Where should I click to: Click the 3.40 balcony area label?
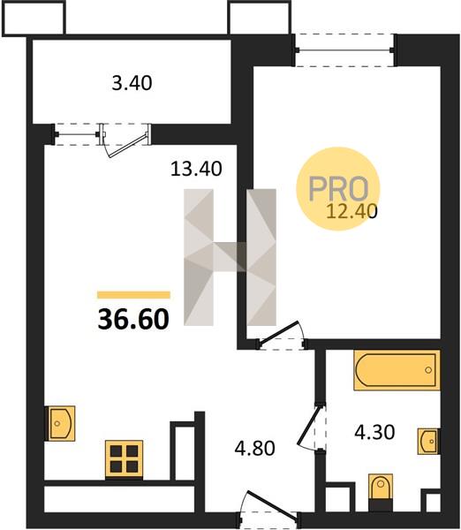(x=132, y=83)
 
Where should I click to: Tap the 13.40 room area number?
(x=196, y=169)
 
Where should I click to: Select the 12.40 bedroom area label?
(x=351, y=212)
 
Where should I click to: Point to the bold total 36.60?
(x=133, y=319)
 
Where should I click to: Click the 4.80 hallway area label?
(x=255, y=449)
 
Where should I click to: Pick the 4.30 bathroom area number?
(x=374, y=432)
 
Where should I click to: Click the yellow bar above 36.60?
(x=133, y=295)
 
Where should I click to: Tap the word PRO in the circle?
(x=338, y=189)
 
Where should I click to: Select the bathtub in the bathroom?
(x=397, y=370)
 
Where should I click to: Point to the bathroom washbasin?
(x=428, y=441)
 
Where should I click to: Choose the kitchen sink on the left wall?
(x=60, y=423)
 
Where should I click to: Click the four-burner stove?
(x=124, y=459)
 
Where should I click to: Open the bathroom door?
(x=311, y=427)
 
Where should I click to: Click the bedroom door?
(x=281, y=335)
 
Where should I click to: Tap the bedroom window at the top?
(x=344, y=50)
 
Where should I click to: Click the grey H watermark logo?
(x=230, y=257)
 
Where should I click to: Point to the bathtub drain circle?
(x=428, y=370)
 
